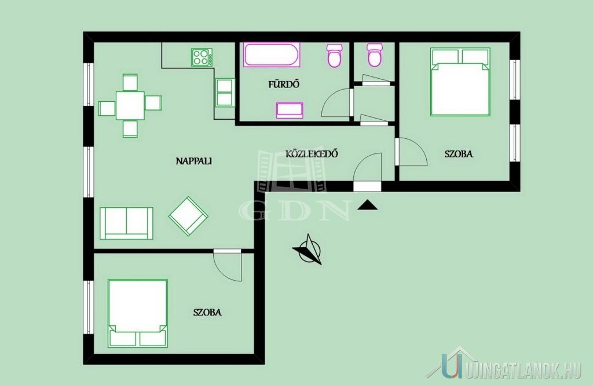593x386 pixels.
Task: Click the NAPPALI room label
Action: click(x=193, y=161)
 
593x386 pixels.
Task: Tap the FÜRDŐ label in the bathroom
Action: click(x=284, y=84)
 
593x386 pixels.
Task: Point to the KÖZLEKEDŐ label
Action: click(x=312, y=154)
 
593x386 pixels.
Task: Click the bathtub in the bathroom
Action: click(x=272, y=55)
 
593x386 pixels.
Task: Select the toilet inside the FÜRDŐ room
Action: click(x=334, y=55)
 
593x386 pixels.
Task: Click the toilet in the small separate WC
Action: click(x=375, y=55)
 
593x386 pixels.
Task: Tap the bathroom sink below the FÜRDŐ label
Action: click(x=290, y=110)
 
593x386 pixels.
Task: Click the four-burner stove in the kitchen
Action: click(x=202, y=57)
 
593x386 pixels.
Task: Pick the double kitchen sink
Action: click(x=225, y=93)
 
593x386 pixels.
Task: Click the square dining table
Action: click(x=130, y=105)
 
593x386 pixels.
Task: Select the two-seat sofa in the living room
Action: click(x=126, y=223)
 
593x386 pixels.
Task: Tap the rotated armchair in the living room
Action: click(x=188, y=216)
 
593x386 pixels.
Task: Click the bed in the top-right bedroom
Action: click(x=460, y=82)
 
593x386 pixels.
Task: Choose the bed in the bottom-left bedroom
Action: click(x=138, y=313)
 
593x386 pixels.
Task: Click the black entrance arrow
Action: click(x=367, y=205)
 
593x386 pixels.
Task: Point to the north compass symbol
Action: click(x=308, y=249)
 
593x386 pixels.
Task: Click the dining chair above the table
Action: click(x=130, y=82)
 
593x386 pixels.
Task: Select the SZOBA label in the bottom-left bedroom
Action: click(x=207, y=313)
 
